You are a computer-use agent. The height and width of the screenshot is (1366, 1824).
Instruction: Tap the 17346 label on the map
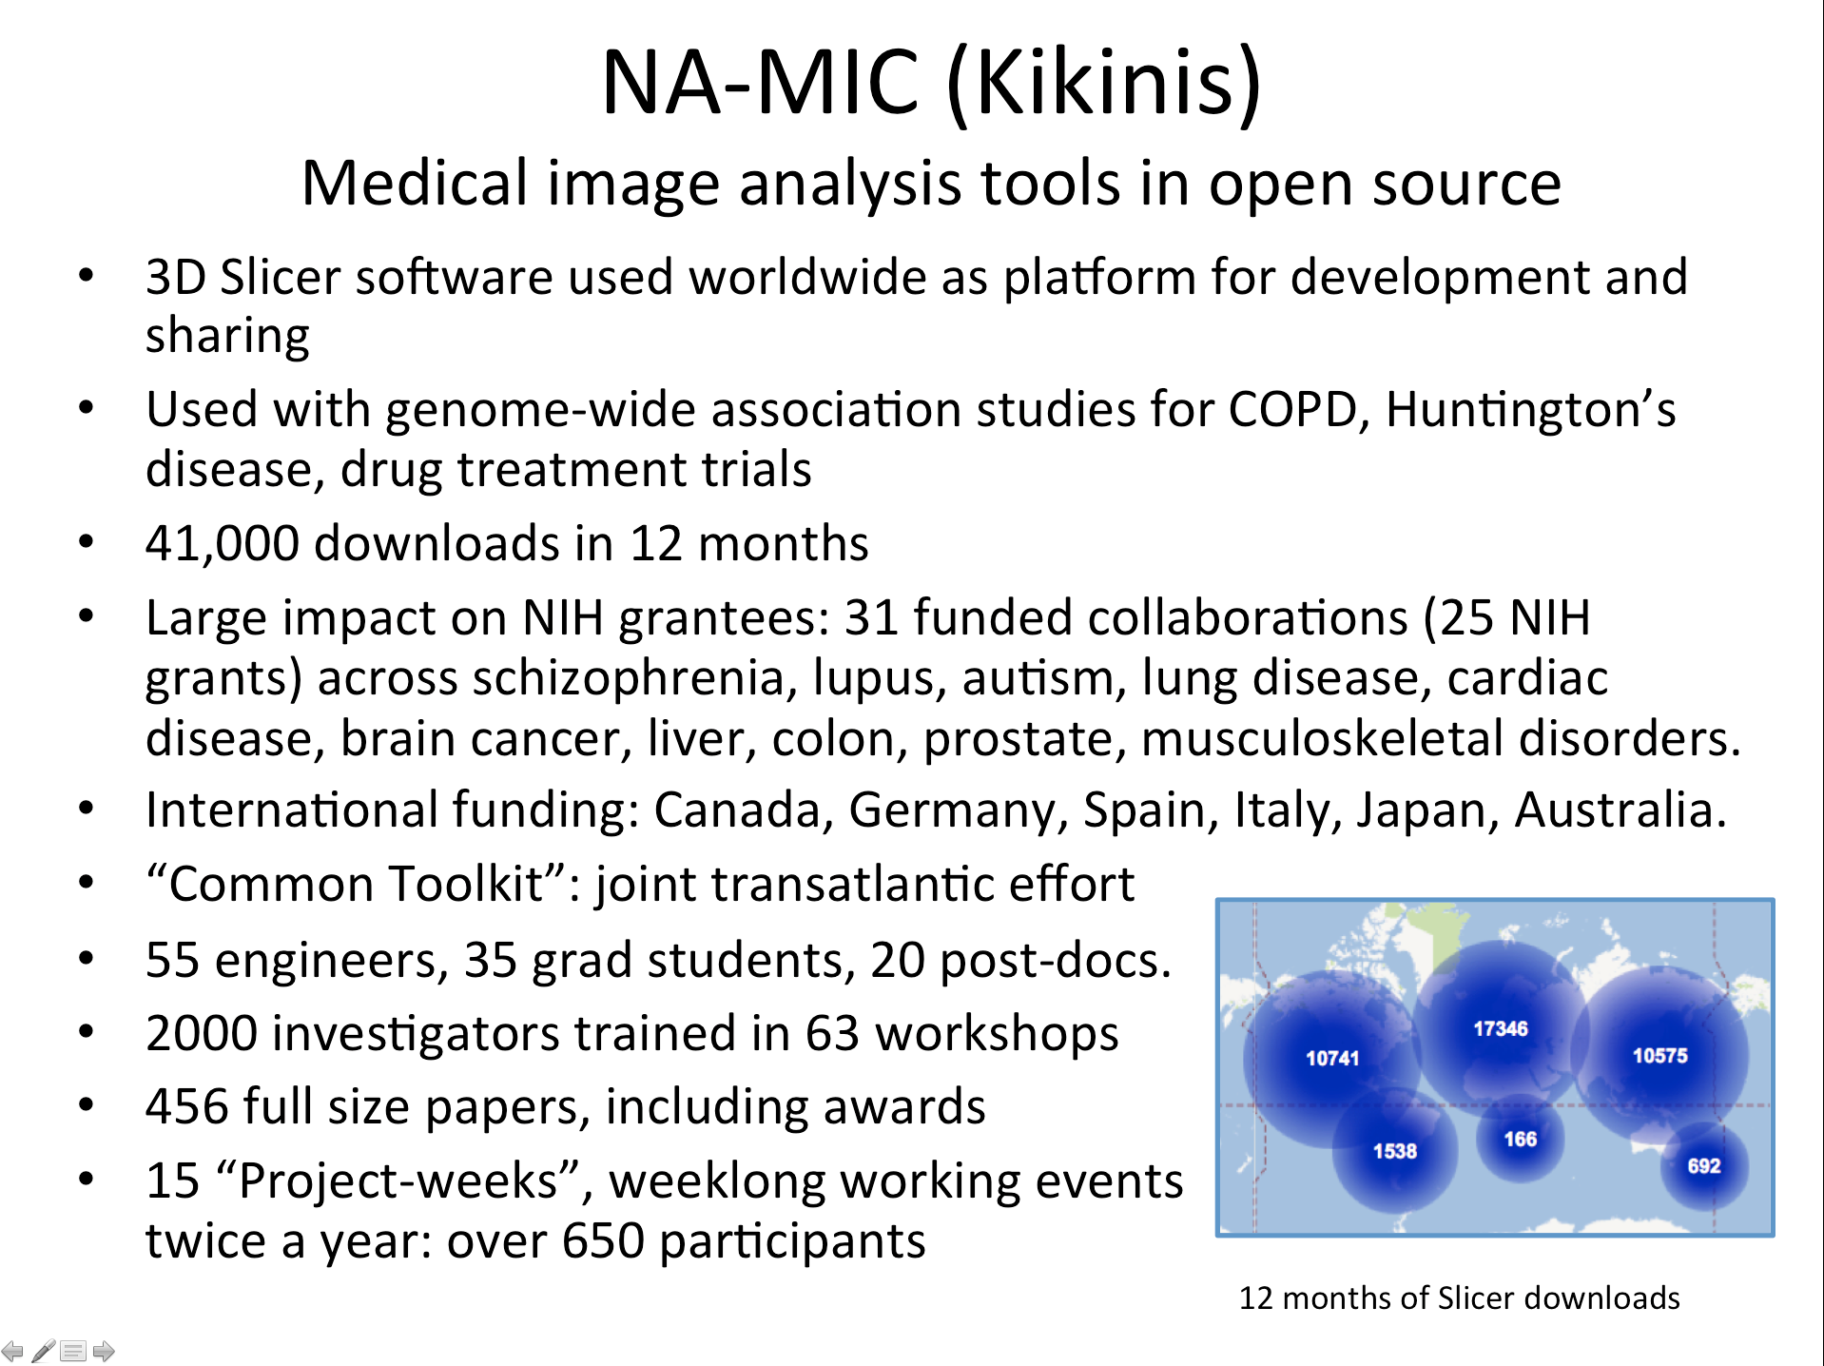tap(1501, 1028)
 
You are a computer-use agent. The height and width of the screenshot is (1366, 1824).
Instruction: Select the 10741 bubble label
tap(1332, 1058)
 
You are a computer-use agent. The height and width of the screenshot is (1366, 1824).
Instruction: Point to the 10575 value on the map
tap(1660, 1055)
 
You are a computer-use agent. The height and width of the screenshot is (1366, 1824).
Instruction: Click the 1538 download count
tap(1395, 1151)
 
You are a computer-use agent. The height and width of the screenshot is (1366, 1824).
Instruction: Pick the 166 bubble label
tap(1521, 1139)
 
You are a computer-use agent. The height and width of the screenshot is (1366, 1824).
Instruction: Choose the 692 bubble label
tap(1704, 1165)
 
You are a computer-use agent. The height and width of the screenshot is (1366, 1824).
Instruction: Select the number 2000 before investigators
tap(201, 1034)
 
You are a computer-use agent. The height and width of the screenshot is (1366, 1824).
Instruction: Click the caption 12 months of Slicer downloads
tap(1459, 1298)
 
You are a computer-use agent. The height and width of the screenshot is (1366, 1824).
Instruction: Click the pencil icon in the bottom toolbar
tap(43, 1350)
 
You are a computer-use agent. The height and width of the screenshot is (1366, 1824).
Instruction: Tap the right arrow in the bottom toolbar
tap(104, 1350)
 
